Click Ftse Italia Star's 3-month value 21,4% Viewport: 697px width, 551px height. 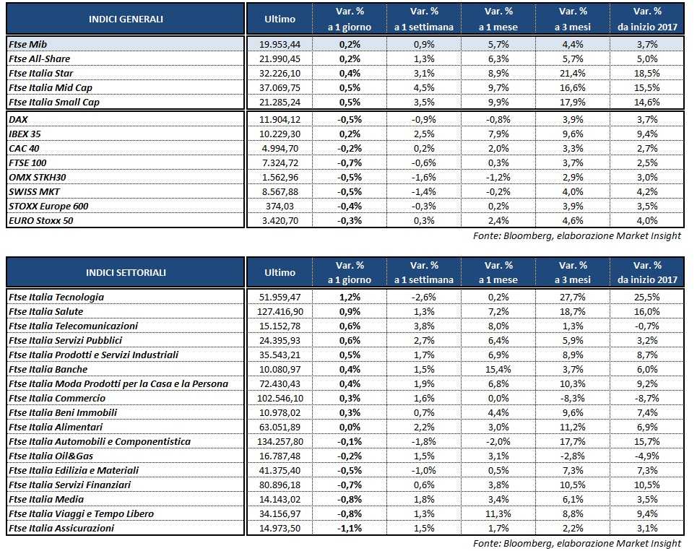(x=573, y=73)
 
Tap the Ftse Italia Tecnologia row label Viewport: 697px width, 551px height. (x=56, y=297)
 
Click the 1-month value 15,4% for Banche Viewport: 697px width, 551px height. (x=499, y=369)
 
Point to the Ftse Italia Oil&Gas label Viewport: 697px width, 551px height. (x=51, y=456)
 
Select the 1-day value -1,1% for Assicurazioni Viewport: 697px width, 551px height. (x=350, y=528)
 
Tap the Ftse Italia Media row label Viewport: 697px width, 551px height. (x=46, y=499)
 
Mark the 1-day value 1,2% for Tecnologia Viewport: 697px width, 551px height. (x=350, y=297)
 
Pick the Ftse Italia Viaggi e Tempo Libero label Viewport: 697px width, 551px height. (x=81, y=513)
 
